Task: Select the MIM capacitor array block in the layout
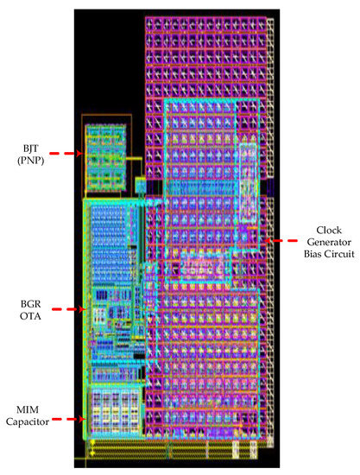(x=111, y=413)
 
